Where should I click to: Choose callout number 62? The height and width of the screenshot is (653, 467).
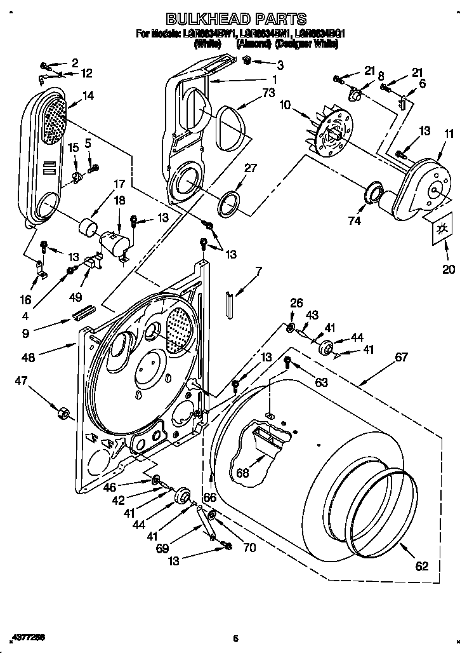coord(421,567)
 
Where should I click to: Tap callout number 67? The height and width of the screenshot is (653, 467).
coord(401,358)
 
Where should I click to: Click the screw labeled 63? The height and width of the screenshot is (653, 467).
coord(287,362)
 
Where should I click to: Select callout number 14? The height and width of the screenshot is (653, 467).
coord(88,95)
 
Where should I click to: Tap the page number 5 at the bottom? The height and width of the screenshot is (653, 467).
coord(235,638)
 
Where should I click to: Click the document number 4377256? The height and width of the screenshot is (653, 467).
coord(27,636)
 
